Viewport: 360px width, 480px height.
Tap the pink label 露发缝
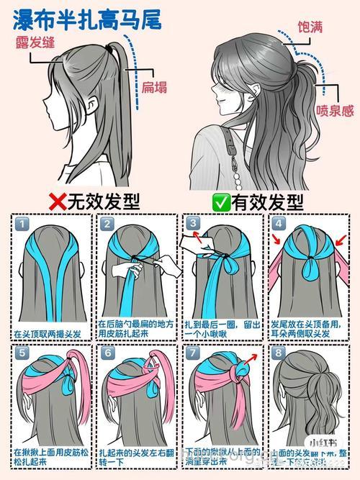34,41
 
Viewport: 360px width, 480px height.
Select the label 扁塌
154,87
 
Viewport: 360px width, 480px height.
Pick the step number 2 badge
108,225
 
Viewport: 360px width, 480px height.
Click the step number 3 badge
193,225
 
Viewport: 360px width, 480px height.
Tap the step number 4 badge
279,225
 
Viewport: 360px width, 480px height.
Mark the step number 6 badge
108,353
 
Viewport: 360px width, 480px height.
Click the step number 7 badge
193,353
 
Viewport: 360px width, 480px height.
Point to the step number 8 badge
279,353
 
